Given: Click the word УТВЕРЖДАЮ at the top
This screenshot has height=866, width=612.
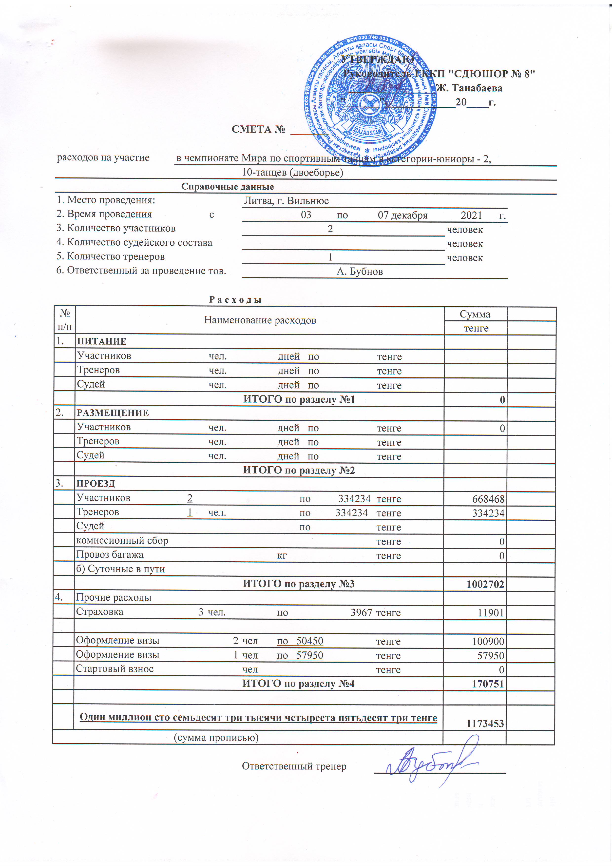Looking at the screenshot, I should pyautogui.click(x=377, y=59).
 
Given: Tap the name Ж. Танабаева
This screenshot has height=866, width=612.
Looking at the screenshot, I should pyautogui.click(x=469, y=88).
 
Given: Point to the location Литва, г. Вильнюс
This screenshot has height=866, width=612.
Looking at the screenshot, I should pyautogui.click(x=286, y=201).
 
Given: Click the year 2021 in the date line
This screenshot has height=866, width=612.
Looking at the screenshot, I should pyautogui.click(x=471, y=215).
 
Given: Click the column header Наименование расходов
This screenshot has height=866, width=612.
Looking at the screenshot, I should pyautogui.click(x=260, y=320).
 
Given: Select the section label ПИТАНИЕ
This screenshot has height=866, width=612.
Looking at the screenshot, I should pyautogui.click(x=102, y=341).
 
